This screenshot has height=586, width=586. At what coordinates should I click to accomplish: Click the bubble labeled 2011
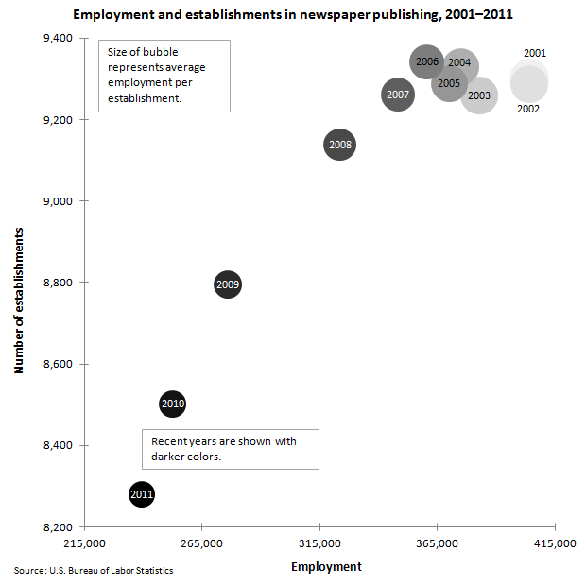click(141, 494)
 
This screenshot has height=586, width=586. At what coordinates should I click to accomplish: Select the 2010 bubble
click(172, 405)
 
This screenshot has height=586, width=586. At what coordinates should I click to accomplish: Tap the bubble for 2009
click(228, 284)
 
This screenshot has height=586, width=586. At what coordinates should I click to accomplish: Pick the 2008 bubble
click(339, 145)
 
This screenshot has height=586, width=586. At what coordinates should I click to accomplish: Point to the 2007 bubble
click(398, 95)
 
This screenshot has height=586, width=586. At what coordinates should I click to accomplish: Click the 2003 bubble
click(479, 95)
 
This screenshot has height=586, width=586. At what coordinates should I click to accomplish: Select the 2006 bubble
click(427, 62)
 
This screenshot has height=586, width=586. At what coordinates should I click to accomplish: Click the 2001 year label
click(535, 54)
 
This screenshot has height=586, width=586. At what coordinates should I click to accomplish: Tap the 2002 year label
click(528, 110)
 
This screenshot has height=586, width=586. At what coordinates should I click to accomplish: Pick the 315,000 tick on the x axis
click(319, 544)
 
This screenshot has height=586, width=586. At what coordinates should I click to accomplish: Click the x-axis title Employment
click(326, 566)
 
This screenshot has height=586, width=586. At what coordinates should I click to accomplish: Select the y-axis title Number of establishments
click(19, 298)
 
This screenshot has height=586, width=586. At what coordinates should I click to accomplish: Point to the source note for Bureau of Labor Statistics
click(94, 571)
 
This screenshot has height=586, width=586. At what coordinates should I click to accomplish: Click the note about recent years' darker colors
click(230, 449)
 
